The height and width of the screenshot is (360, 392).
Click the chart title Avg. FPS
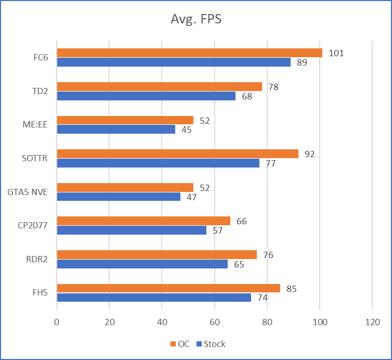coord(197,19)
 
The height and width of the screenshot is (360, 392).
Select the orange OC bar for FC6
coord(189,53)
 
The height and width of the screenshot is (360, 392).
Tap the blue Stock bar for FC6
coord(174,62)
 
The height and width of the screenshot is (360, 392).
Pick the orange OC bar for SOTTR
coord(177,153)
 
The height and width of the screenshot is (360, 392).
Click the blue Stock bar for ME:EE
coord(116,130)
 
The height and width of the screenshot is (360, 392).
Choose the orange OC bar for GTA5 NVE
coord(125,187)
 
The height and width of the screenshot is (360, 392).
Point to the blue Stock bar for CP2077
coord(132,230)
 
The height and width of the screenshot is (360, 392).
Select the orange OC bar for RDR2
coord(156,254)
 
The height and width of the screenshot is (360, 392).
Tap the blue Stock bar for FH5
coord(154,298)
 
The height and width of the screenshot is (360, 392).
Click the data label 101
coord(336,53)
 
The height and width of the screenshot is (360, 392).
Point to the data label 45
coord(186,130)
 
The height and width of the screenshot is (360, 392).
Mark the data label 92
coord(310,154)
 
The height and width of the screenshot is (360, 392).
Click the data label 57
coord(217,230)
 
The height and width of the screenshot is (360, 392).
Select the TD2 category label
coord(40,91)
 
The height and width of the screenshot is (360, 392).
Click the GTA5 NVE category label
coord(28,192)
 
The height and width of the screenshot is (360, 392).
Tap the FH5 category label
coord(40,293)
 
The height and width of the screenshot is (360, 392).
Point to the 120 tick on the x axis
coord(372,322)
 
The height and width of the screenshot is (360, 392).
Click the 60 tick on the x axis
coord(214,322)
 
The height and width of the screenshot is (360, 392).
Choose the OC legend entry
coord(179,344)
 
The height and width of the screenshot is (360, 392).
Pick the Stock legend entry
coord(211,344)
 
